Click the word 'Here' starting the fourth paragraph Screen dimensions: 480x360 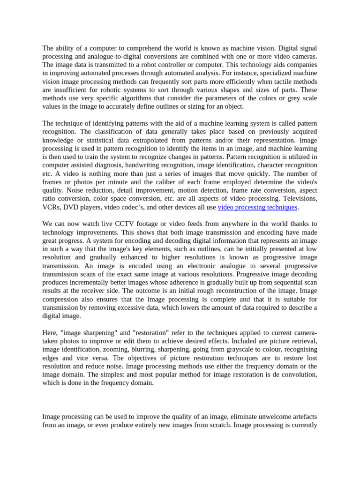coord(50,332)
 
